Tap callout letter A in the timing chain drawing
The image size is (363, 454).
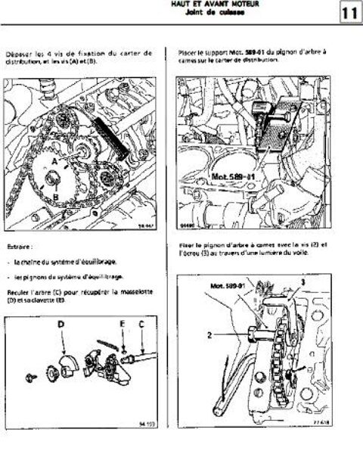55,162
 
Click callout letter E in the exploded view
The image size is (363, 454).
122,325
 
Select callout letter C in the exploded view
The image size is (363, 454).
140,325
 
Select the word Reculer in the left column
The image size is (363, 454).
18,291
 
